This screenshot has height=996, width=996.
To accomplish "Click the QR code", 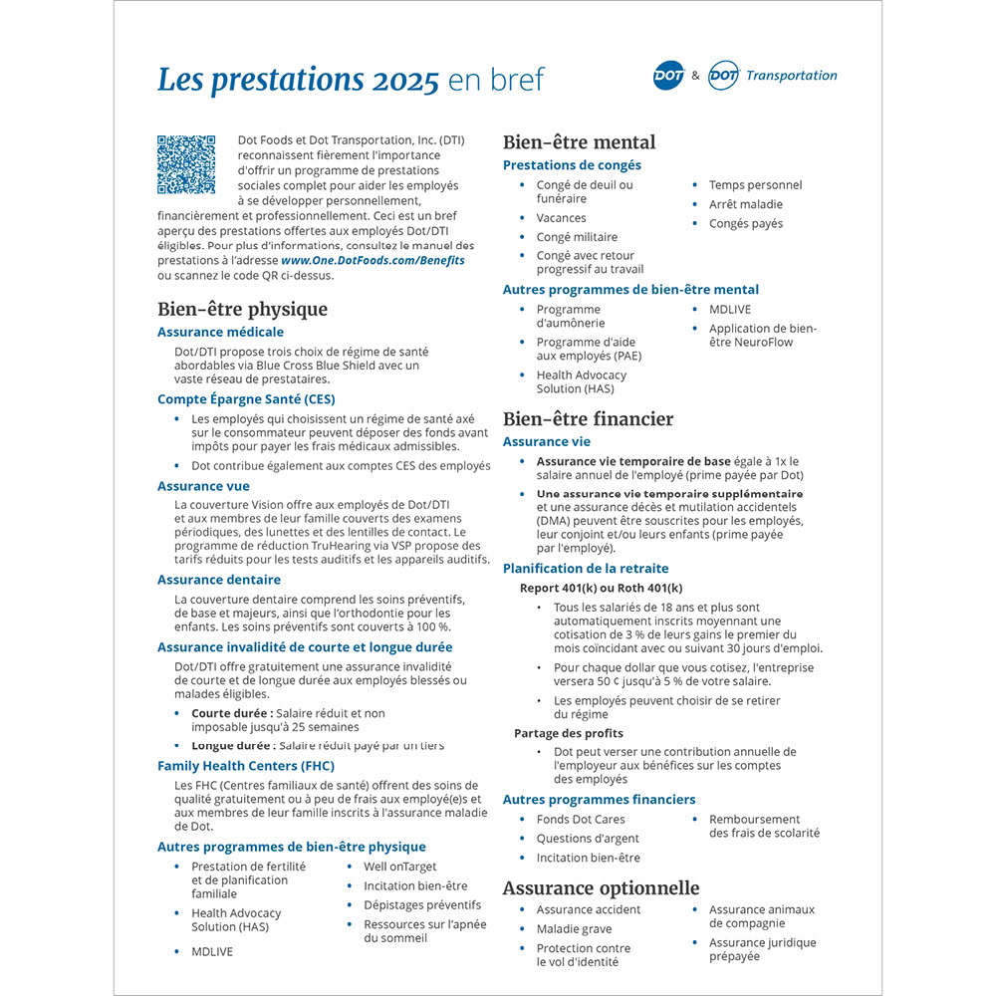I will pos(186,165).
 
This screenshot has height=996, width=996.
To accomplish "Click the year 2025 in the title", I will pos(405,81).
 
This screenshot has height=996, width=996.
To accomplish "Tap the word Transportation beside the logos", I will pos(791,76).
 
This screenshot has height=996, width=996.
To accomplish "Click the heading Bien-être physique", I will pos(242,309).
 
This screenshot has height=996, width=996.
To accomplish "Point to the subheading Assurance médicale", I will pos(220,332).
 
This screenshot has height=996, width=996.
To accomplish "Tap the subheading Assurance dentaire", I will pos(219,580).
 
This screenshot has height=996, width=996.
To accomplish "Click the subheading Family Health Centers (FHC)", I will pos(245,766).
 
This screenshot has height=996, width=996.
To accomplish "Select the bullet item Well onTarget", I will pos(400,867).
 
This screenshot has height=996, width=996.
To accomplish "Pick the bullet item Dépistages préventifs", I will pos(422,905).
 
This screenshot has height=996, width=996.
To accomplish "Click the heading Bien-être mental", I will pos(579,142).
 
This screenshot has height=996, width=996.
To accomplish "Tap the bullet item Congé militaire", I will pos(577,237).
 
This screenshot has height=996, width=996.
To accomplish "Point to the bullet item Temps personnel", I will pos(755,185).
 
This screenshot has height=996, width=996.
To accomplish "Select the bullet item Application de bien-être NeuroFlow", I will pos(763,336).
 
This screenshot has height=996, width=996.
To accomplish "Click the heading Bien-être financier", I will pos(588,419).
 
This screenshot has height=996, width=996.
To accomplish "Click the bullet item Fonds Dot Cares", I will pos(581,820).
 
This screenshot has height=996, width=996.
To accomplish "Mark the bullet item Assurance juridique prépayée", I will pos(762,949).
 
